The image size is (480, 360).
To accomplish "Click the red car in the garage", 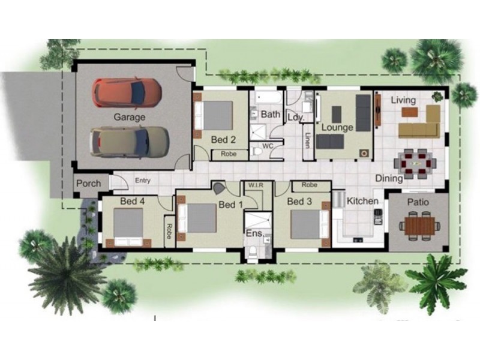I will coord(127,92).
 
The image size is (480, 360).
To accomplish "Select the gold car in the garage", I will coord(129,142).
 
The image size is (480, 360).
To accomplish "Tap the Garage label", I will coord(130,117).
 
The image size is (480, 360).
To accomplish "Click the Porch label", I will coord(89,183).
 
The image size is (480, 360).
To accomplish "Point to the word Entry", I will coord(143,181).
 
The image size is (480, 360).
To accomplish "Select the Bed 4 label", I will coord(132,201).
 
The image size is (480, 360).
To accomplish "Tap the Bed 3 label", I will coord(299,202).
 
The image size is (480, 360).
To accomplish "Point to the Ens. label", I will coord(253,233).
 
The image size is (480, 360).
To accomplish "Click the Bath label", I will coord(271,114).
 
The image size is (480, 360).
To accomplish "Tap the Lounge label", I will coord(337,128).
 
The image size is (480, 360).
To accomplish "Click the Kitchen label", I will coord(363,201).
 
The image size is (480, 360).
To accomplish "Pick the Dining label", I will coord(389,178).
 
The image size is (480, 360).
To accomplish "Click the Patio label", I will coord(418,202).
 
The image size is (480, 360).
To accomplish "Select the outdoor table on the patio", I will coord(419,226).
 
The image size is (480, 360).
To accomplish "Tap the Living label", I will coord(403,100).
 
